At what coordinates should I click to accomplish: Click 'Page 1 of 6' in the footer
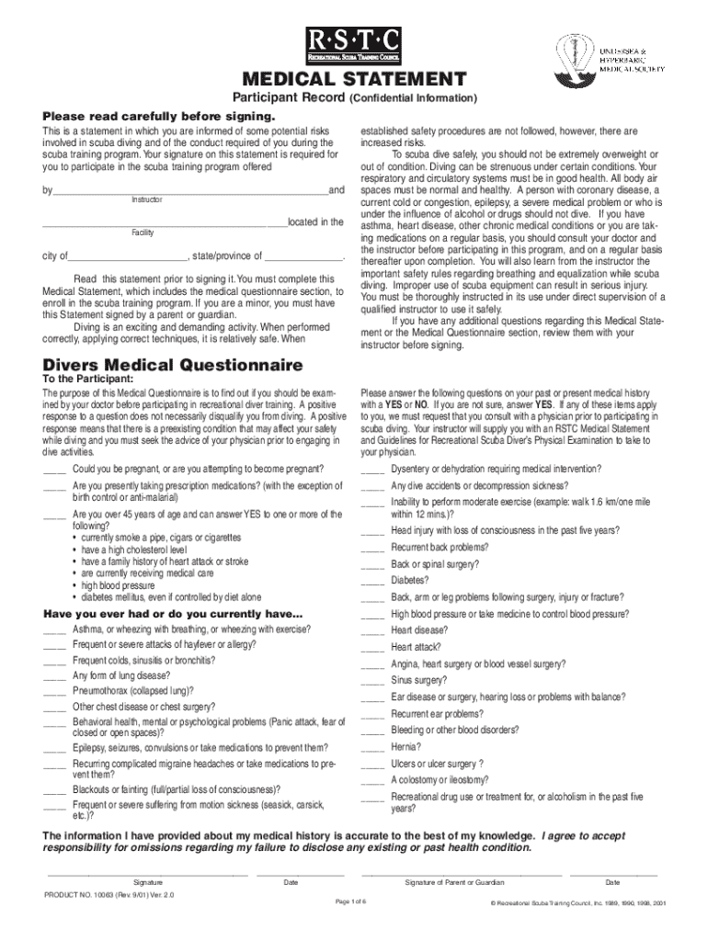353,901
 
